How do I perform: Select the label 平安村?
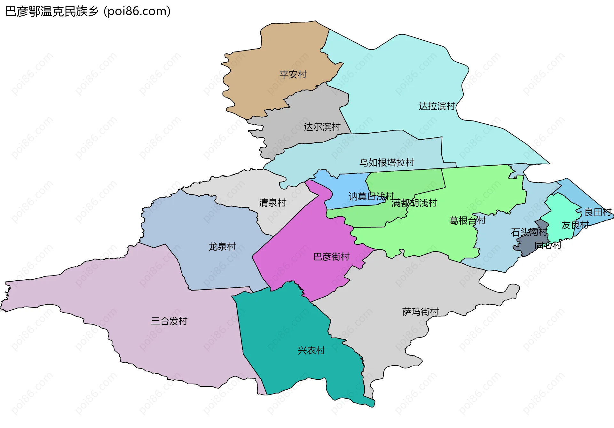293,74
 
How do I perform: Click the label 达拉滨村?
437,106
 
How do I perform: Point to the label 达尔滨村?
322,127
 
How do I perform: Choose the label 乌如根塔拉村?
387,163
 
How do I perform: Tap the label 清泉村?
272,203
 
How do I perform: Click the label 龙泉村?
222,246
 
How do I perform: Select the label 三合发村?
169,321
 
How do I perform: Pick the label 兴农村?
311,351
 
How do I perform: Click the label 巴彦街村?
331,257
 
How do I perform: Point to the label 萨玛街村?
420,312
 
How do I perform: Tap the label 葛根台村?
467,221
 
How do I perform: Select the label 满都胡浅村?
414,203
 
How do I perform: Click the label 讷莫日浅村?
371,196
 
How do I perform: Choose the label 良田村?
598,212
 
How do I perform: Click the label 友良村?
575,225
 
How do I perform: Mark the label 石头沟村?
529,232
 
